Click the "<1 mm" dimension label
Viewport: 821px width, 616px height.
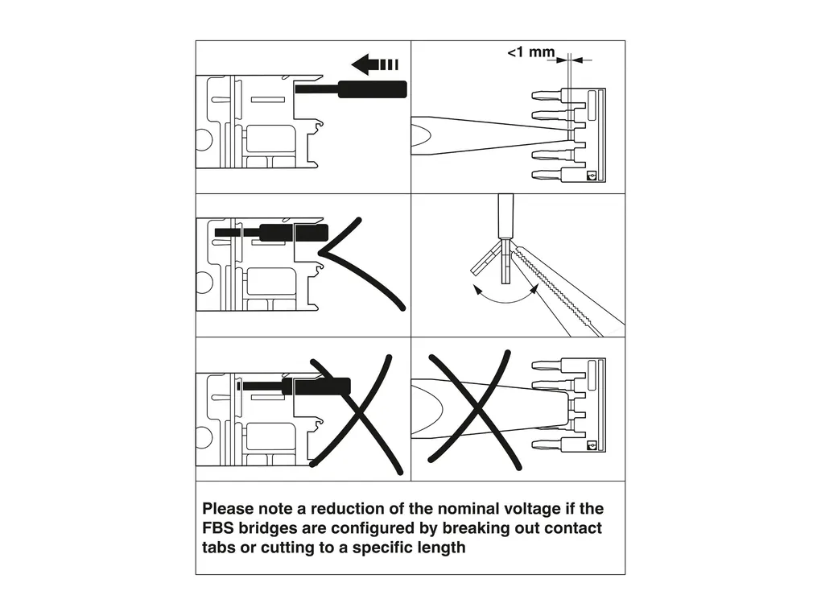pyautogui.click(x=530, y=53)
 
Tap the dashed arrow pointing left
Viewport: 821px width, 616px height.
pyautogui.click(x=375, y=64)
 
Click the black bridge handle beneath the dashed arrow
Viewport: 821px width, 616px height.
pyautogui.click(x=372, y=89)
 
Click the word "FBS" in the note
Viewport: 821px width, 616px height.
pyautogui.click(x=218, y=529)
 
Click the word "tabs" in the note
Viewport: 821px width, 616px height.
pyautogui.click(x=219, y=549)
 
